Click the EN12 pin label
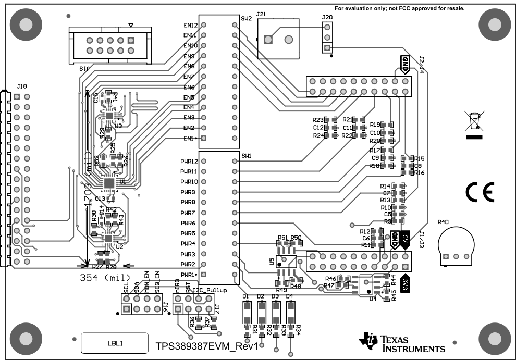[190, 25]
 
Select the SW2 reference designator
[247, 19]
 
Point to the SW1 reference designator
[247, 156]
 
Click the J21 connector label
[261, 15]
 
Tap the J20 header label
[327, 17]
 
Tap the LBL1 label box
[115, 343]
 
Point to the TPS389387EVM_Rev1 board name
[207, 346]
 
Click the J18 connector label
[21, 86]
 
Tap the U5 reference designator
[272, 262]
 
